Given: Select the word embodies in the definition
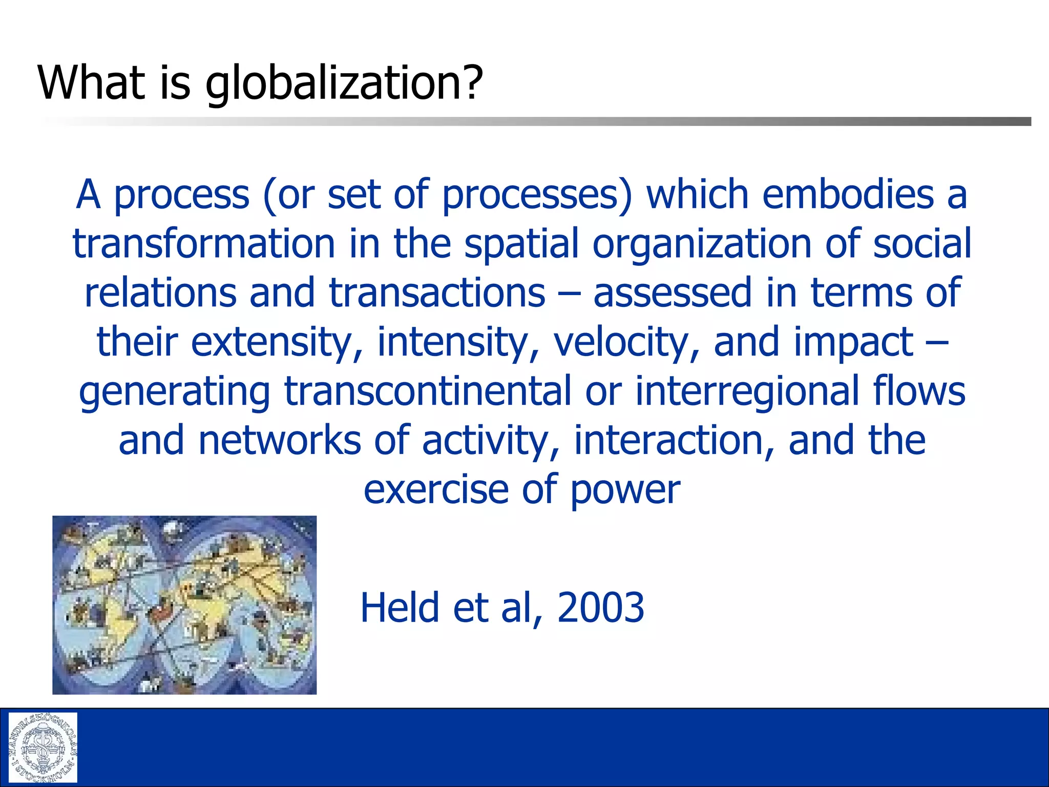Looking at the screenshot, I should [x=848, y=195].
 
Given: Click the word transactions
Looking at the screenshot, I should [x=437, y=293].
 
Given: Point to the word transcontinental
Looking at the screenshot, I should [x=428, y=390].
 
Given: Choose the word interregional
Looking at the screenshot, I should [x=747, y=390].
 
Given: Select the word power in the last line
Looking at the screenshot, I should [x=625, y=490].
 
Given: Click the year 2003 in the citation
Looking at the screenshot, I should [x=600, y=608].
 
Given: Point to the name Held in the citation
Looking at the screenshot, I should [x=400, y=608].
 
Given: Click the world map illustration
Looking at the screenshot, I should [x=184, y=605].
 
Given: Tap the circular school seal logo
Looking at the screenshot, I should [x=43, y=747].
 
